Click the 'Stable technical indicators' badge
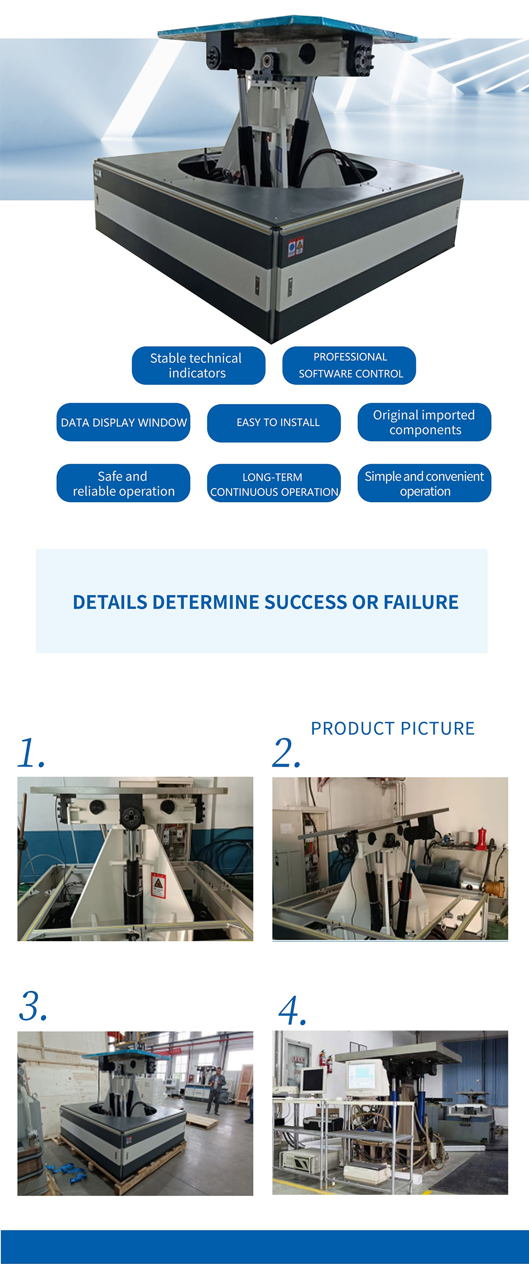pos(198,366)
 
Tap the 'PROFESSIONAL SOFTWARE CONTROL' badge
pos(349,366)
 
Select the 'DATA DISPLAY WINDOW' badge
pos(123,423)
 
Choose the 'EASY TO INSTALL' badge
pos(274,423)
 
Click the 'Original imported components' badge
pos(424,423)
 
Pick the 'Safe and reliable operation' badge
pos(123,483)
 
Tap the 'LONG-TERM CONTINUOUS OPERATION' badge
pos(274,483)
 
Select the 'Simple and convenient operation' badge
pos(424,483)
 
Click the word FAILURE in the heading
pos(421,602)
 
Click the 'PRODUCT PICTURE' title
pos(392,729)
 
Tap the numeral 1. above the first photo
pos(30,753)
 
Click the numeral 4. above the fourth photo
pos(292,1011)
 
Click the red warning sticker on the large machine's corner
pos(296,246)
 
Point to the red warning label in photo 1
pos(158,886)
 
